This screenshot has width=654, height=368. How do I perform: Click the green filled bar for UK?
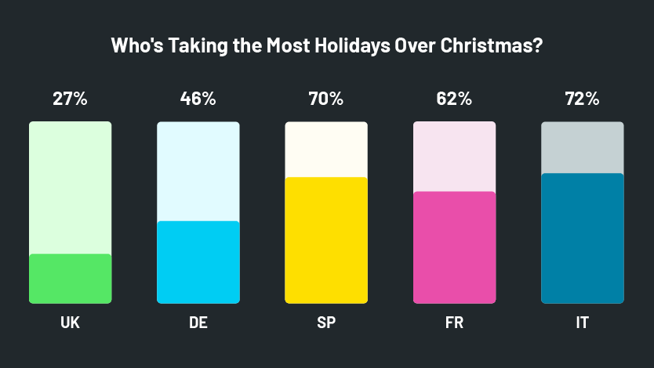(70, 279)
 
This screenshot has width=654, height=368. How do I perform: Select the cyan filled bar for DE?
(198, 262)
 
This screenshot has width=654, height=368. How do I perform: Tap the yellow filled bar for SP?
(325, 240)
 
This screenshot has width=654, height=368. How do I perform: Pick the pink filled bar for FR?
(454, 247)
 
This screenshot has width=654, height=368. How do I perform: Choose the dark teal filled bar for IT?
(582, 238)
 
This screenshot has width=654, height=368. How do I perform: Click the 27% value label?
(70, 99)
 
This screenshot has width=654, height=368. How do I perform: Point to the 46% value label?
(198, 99)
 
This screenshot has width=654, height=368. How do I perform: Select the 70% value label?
(325, 99)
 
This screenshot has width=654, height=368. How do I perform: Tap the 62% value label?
(454, 99)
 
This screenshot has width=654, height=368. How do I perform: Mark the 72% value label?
(582, 99)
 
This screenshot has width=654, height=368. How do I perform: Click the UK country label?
(70, 323)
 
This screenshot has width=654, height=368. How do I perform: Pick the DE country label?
(198, 323)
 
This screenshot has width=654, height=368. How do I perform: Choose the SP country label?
(325, 323)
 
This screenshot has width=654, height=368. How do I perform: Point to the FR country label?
(454, 323)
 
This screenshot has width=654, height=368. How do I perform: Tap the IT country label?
(582, 323)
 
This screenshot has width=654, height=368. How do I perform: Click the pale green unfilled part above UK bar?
(70, 188)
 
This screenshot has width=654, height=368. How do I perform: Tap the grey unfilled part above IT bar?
(582, 147)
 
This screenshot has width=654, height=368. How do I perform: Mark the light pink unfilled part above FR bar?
(454, 157)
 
